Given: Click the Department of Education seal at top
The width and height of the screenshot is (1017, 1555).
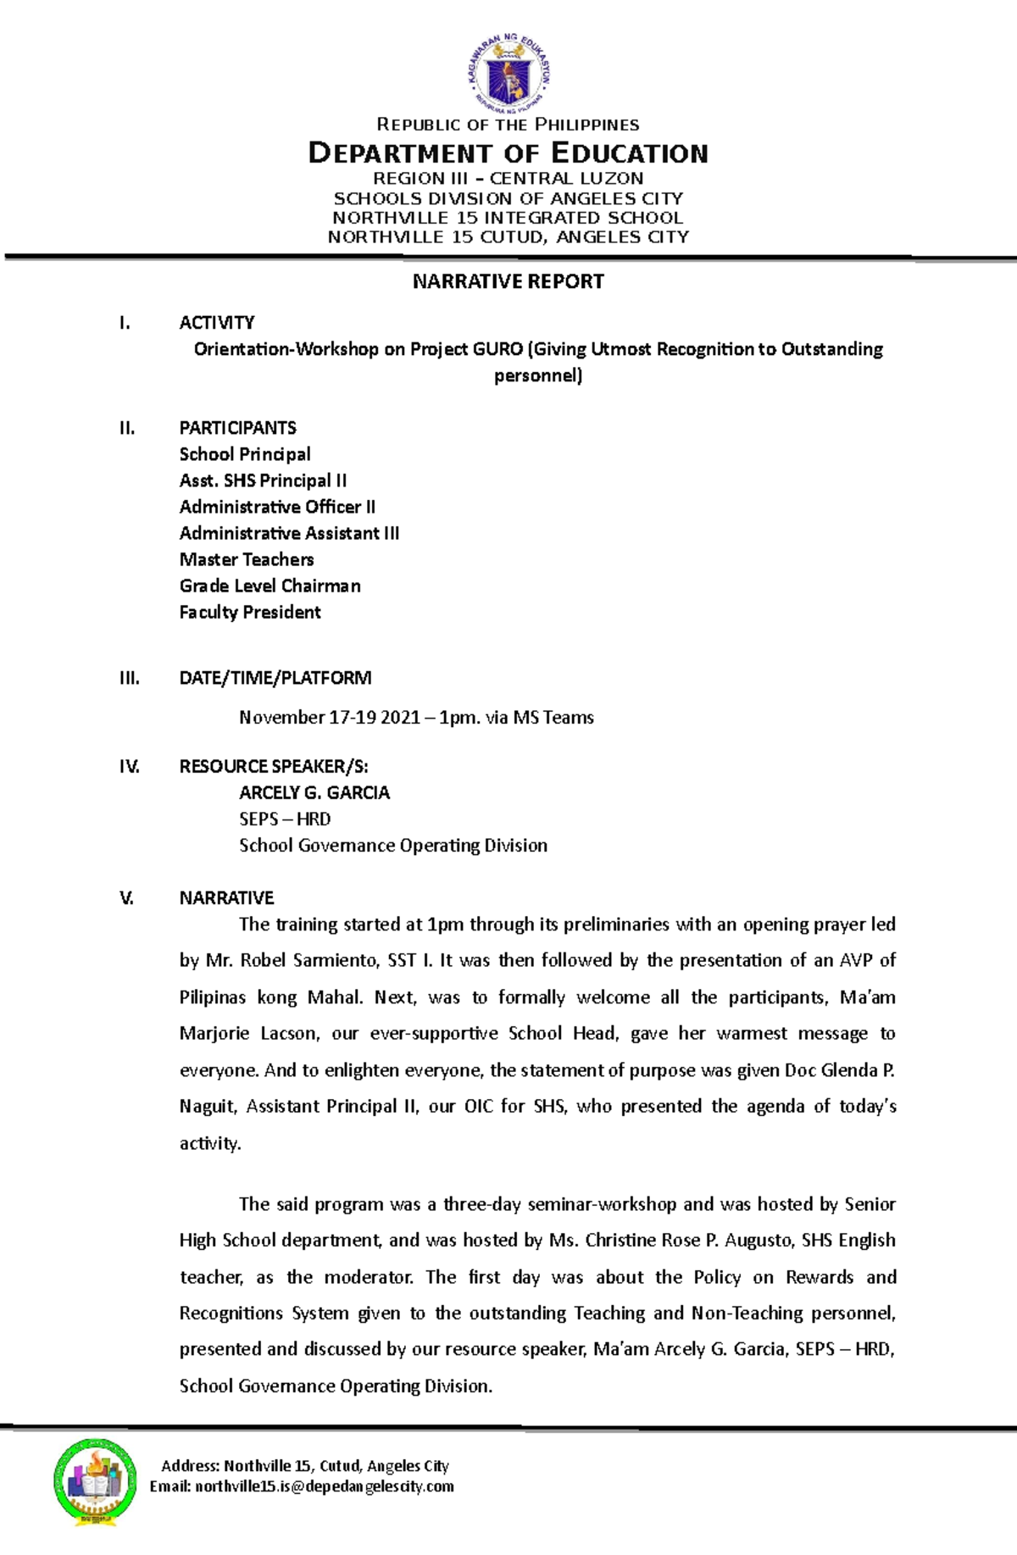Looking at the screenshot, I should click(x=508, y=74).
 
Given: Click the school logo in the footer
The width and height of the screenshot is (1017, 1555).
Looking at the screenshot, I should click(x=95, y=1482).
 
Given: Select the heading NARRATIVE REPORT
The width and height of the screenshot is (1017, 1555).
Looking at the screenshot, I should click(x=508, y=281).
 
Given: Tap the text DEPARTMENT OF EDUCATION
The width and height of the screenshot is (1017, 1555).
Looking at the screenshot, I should click(x=508, y=153).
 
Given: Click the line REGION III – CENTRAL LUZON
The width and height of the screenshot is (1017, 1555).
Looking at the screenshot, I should click(x=508, y=179).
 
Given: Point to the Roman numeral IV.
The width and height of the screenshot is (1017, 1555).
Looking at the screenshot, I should click(x=129, y=767).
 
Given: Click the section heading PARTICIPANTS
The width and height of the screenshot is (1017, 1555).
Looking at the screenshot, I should click(x=237, y=428).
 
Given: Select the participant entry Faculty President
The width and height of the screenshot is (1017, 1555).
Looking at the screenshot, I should click(x=250, y=612).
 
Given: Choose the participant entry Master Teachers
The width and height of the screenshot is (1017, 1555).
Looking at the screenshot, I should click(x=247, y=559).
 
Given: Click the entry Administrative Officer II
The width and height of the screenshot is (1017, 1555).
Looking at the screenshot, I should click(x=277, y=507).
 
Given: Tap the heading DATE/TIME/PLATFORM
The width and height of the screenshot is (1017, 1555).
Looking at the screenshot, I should click(x=275, y=678).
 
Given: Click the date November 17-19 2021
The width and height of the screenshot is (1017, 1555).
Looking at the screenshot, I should click(x=330, y=718).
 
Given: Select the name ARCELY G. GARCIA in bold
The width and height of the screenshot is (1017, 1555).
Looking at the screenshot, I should click(x=314, y=793).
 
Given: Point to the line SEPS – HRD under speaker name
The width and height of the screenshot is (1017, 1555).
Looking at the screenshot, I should click(x=285, y=819).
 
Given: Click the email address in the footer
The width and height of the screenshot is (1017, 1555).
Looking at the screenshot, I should click(x=324, y=1486).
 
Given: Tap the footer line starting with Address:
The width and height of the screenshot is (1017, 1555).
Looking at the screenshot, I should click(x=305, y=1466).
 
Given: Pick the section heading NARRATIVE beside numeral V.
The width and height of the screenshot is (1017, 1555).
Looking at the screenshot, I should click(x=226, y=898).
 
